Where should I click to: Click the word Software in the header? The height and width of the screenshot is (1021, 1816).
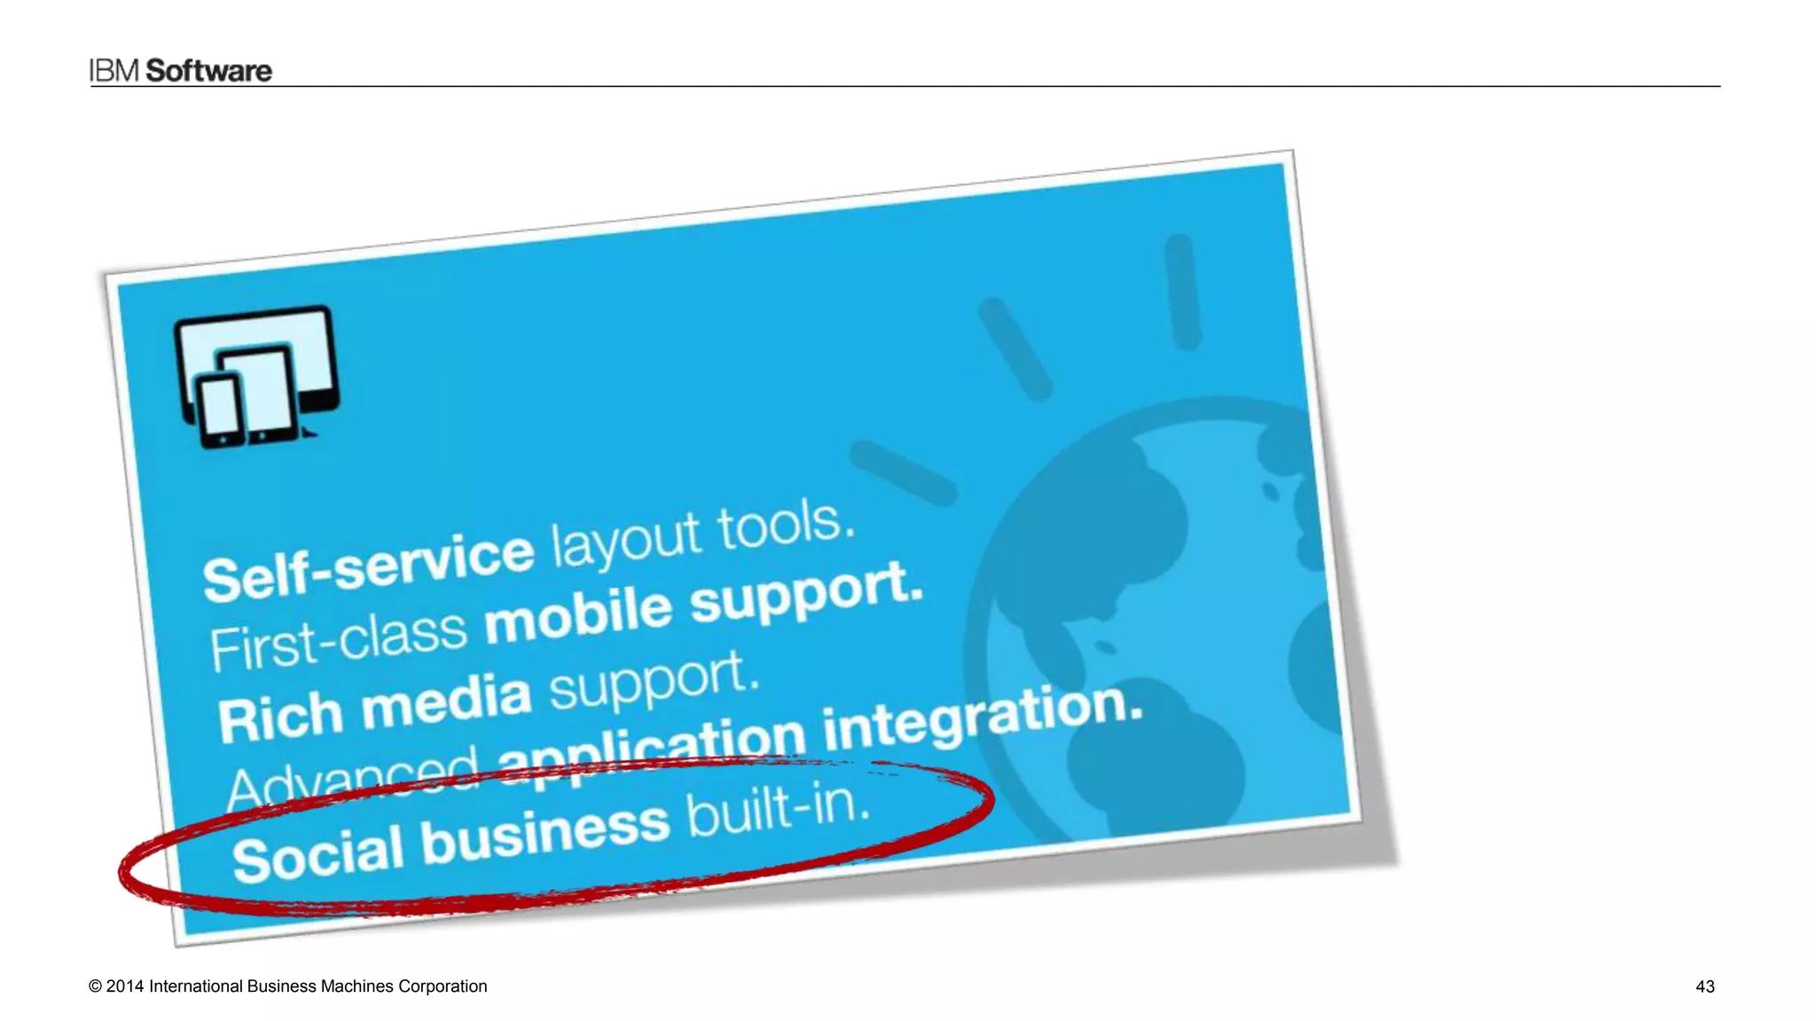pos(208,71)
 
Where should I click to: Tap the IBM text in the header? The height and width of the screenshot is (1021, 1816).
pos(114,71)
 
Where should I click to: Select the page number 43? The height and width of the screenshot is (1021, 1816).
pos(1704,986)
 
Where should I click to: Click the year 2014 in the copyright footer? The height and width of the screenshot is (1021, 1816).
pos(124,986)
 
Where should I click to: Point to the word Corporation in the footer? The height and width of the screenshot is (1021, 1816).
pos(442,986)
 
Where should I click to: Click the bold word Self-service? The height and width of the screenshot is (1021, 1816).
pos(368,567)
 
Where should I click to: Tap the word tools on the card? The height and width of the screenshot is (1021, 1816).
pos(785,525)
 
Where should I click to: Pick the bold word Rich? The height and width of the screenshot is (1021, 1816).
pos(280,718)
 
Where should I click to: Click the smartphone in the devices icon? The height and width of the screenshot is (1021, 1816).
pos(220,410)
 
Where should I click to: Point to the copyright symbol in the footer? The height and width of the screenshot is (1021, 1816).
pos(95,986)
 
